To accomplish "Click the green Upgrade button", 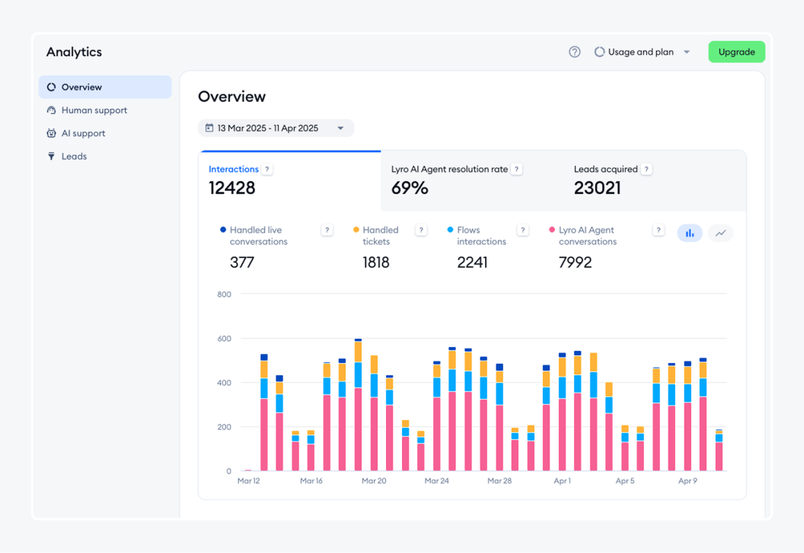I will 736,52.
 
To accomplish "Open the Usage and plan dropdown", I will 642,52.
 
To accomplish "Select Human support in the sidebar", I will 94,111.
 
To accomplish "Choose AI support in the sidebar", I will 83,133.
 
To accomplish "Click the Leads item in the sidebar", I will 74,156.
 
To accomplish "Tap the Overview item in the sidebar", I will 81,87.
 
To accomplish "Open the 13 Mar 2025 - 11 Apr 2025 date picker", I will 275,128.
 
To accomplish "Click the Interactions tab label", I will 233,170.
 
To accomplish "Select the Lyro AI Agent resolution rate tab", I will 449,170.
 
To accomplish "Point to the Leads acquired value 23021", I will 597,188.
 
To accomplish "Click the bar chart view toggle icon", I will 689,233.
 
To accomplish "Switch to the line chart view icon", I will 720,233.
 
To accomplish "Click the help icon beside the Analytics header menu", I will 574,52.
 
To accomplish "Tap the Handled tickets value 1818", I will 376,263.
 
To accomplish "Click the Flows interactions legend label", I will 481,236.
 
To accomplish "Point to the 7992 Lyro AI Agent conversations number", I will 575,263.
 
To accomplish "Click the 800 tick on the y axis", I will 224,294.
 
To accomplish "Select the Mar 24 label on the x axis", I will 436,481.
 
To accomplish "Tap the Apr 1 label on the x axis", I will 562,481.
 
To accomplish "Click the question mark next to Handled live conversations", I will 327,231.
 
